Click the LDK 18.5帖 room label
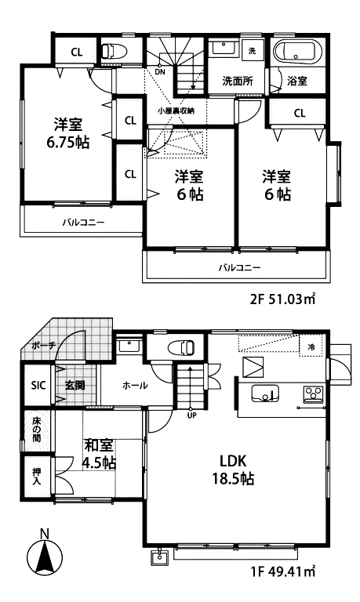click(232, 469)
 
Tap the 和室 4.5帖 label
click(99, 454)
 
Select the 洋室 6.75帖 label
click(67, 133)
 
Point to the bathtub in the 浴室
click(296, 52)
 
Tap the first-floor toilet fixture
click(181, 347)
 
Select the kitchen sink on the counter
click(265, 393)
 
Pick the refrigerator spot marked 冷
click(311, 347)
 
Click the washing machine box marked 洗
click(252, 51)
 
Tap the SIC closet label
click(38, 385)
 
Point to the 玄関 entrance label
click(75, 385)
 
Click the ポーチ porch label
click(44, 344)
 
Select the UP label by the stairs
click(191, 415)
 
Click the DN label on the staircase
click(160, 71)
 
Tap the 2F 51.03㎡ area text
click(283, 299)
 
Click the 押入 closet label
click(37, 477)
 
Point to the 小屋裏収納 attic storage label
click(176, 111)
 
